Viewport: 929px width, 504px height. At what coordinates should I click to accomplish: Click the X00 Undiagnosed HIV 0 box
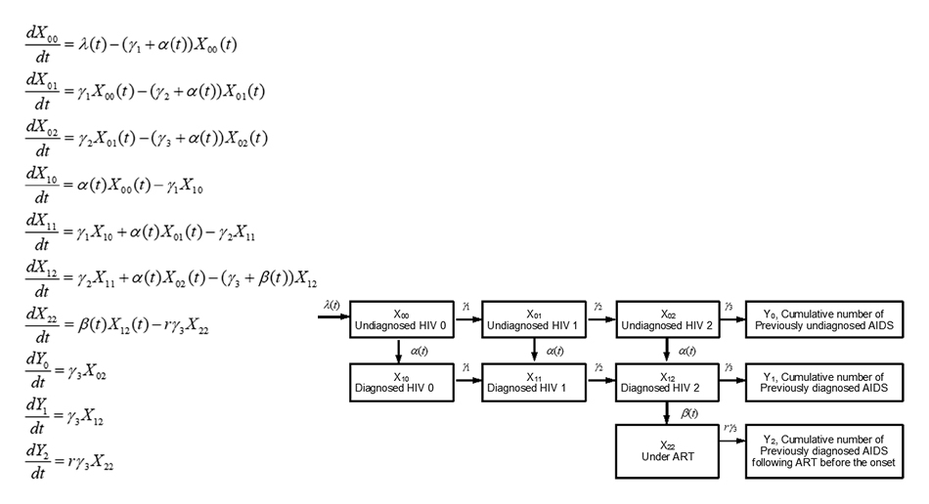tap(401, 320)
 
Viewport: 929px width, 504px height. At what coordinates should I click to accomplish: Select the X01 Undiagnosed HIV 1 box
tap(534, 320)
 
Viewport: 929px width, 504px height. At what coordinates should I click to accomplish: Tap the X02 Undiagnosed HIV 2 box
tap(668, 320)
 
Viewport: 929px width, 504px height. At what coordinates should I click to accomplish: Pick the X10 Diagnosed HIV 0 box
tap(401, 381)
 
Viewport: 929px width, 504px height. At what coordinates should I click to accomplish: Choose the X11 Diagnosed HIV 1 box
tap(534, 381)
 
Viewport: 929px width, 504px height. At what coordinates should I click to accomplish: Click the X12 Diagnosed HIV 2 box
tap(668, 381)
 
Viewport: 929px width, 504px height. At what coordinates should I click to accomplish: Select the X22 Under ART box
tap(668, 448)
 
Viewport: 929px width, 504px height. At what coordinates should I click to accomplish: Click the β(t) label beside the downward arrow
tap(690, 413)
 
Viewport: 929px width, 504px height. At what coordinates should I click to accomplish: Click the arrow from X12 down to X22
tap(668, 412)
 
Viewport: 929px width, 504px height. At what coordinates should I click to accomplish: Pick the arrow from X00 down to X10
tap(401, 350)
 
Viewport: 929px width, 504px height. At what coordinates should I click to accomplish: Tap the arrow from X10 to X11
tap(465, 382)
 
